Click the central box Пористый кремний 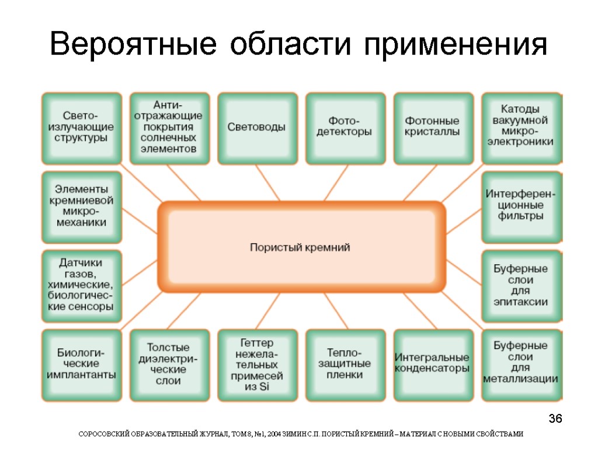pos(301,247)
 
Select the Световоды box pos(256,128)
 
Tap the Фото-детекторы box pos(345,128)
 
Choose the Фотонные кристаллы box pos(433,128)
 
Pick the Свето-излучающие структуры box pos(81,128)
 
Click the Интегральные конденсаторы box pos(433,364)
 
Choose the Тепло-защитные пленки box pos(345,364)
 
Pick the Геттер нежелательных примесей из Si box pos(256,364)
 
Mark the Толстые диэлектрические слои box pos(169,364)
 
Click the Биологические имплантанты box pos(81,364)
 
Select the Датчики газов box pos(81,285)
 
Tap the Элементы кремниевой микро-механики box pos(81,206)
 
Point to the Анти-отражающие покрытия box pos(169,128)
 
